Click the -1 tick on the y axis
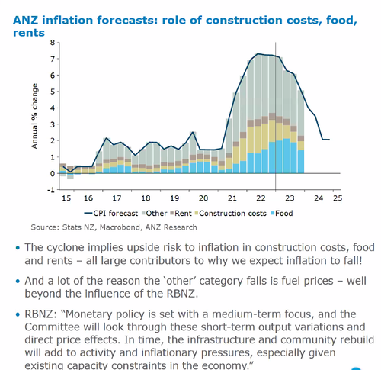pos(52,190)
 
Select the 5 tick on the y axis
pos(53,90)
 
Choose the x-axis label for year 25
pos(336,197)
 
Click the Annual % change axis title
pos(34,115)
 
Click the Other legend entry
pos(155,213)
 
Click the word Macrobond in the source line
pos(111,227)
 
